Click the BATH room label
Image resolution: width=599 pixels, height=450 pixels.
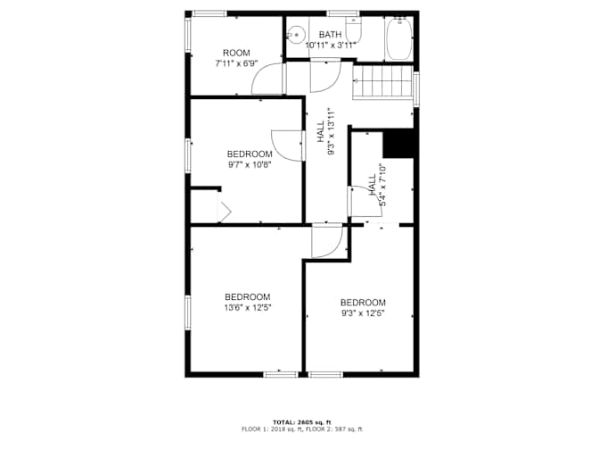click(x=330, y=35)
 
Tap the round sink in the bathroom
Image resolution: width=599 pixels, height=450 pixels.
click(x=296, y=35)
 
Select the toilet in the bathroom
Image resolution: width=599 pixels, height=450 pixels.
click(x=353, y=29)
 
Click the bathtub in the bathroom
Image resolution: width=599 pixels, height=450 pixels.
click(x=399, y=38)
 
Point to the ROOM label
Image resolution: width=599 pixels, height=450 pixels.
click(x=236, y=53)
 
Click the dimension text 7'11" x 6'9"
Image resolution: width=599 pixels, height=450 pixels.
click(x=236, y=63)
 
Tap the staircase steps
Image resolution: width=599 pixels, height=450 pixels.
click(x=382, y=83)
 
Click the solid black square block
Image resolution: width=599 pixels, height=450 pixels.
click(x=398, y=143)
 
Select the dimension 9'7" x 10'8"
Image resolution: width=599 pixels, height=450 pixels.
click(x=250, y=165)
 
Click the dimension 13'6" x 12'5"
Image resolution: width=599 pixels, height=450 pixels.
click(x=248, y=308)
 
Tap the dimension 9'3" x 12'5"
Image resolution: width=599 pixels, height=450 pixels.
click(x=363, y=313)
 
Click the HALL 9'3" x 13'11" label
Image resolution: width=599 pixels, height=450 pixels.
click(x=326, y=131)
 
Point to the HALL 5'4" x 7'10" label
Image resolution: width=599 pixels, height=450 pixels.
click(x=377, y=185)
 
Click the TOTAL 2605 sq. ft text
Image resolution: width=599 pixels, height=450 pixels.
click(x=302, y=422)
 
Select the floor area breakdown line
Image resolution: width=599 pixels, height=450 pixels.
click(x=302, y=429)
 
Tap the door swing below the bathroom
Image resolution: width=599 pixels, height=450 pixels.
click(x=325, y=77)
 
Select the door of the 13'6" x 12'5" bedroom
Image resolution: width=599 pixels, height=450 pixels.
click(x=327, y=242)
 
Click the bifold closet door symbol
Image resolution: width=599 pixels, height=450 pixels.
click(x=225, y=210)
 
